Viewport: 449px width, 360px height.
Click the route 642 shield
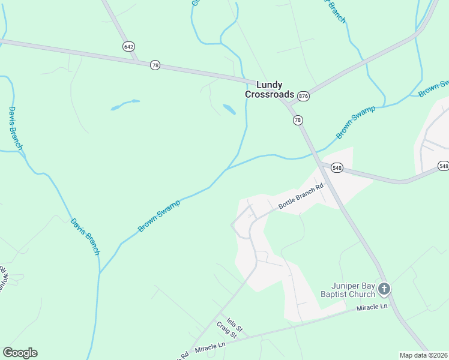pyautogui.click(x=128, y=46)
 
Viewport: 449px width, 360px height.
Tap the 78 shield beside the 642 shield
pyautogui.click(x=155, y=65)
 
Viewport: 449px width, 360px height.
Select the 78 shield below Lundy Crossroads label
pyautogui.click(x=298, y=121)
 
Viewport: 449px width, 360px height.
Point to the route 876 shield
pyautogui.click(x=303, y=96)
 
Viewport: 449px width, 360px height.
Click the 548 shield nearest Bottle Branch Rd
pyautogui.click(x=336, y=168)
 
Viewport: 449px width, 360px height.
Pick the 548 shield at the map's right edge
pyautogui.click(x=443, y=166)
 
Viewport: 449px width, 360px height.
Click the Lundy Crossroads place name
pyautogui.click(x=270, y=89)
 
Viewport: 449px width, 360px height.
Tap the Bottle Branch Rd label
pyautogui.click(x=301, y=196)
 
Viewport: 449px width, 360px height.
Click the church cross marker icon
pyautogui.click(x=384, y=289)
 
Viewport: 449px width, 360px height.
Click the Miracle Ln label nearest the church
pyautogui.click(x=372, y=307)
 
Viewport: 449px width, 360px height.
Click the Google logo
pyautogui.click(x=20, y=353)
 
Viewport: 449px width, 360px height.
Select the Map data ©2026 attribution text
pyautogui.click(x=423, y=355)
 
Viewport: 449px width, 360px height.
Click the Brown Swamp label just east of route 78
pyautogui.click(x=355, y=122)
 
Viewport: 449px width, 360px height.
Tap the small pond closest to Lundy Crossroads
pyautogui.click(x=229, y=109)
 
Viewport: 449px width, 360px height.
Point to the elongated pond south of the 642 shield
pyautogui.click(x=125, y=105)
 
